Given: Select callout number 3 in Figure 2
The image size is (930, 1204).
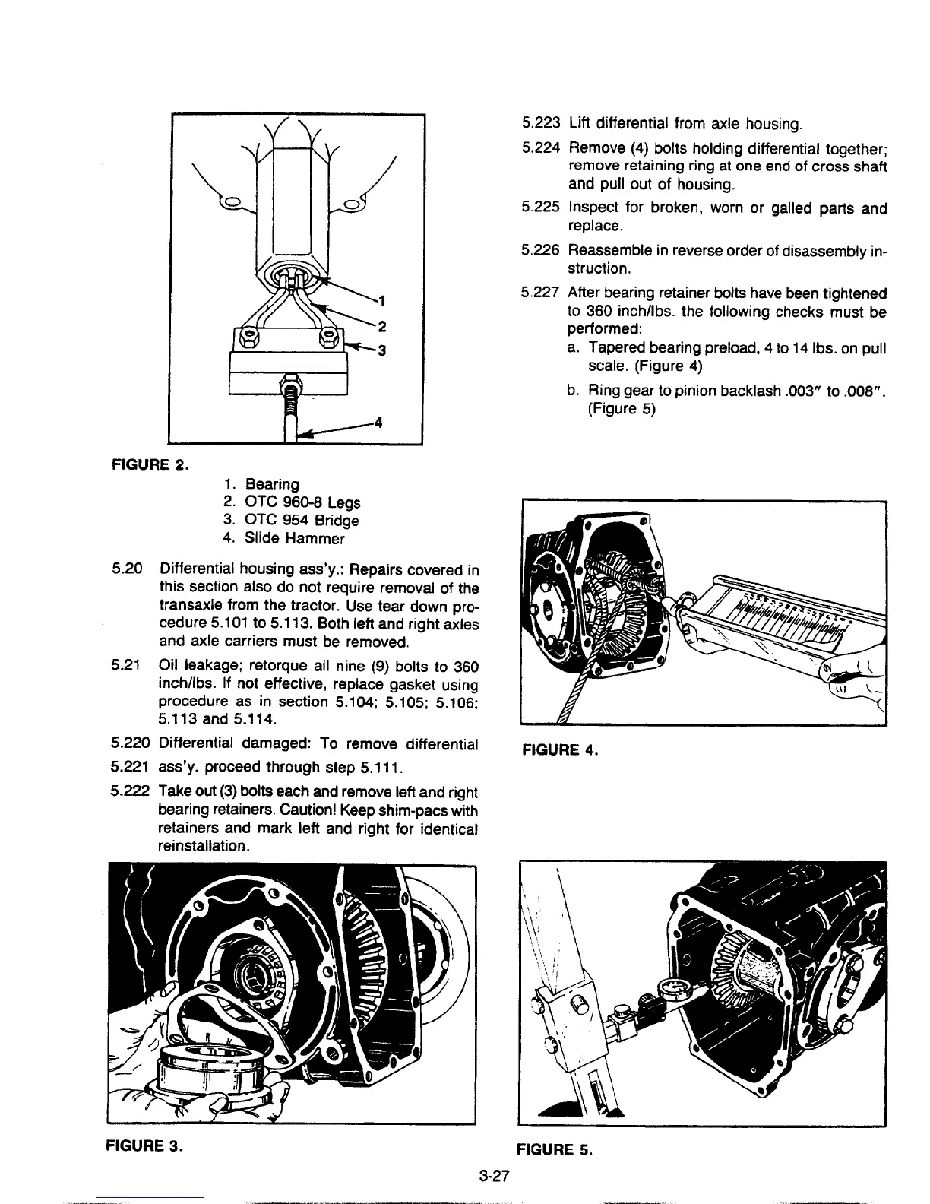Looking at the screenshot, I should (382, 350).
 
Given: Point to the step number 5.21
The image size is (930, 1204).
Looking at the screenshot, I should (125, 666).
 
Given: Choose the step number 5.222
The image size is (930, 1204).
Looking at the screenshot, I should (130, 792).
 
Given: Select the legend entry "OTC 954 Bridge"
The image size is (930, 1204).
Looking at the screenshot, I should (301, 521).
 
